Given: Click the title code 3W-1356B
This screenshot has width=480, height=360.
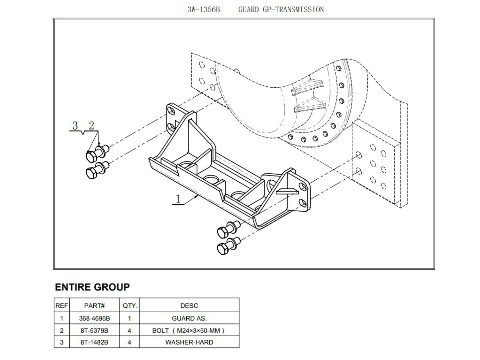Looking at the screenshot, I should pyautogui.click(x=203, y=10).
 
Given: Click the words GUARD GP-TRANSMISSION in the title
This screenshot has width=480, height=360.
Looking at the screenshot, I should pyautogui.click(x=281, y=10).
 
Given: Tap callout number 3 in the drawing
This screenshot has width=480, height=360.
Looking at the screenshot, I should pyautogui.click(x=75, y=126).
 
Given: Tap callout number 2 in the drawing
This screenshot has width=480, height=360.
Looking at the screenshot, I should pyautogui.click(x=91, y=126).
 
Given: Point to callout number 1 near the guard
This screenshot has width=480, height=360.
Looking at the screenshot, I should pyautogui.click(x=178, y=199).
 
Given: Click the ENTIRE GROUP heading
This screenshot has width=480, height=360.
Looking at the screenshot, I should pyautogui.click(x=92, y=287).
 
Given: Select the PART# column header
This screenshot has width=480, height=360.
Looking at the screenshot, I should pyautogui.click(x=94, y=306).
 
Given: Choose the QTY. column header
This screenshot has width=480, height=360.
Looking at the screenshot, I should pyautogui.click(x=130, y=306).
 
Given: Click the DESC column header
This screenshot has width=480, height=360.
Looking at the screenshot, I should pyautogui.click(x=189, y=306).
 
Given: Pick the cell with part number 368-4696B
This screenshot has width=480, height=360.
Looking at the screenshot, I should pyautogui.click(x=94, y=318).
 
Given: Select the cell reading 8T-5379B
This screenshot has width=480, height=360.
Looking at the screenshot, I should pyautogui.click(x=94, y=330).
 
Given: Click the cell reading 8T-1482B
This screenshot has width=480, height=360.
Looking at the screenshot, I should pyautogui.click(x=94, y=342).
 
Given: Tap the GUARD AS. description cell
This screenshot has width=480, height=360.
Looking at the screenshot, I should pyautogui.click(x=189, y=318).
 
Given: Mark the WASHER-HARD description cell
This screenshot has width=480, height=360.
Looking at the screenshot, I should pyautogui.click(x=189, y=342).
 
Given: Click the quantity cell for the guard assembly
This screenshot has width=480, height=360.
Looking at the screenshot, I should pyautogui.click(x=130, y=318).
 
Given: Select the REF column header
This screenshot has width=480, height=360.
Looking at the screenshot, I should pyautogui.click(x=61, y=306).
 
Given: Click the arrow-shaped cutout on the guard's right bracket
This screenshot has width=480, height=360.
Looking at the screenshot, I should pyautogui.click(x=287, y=191).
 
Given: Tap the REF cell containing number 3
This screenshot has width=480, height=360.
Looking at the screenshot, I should pyautogui.click(x=61, y=342).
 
